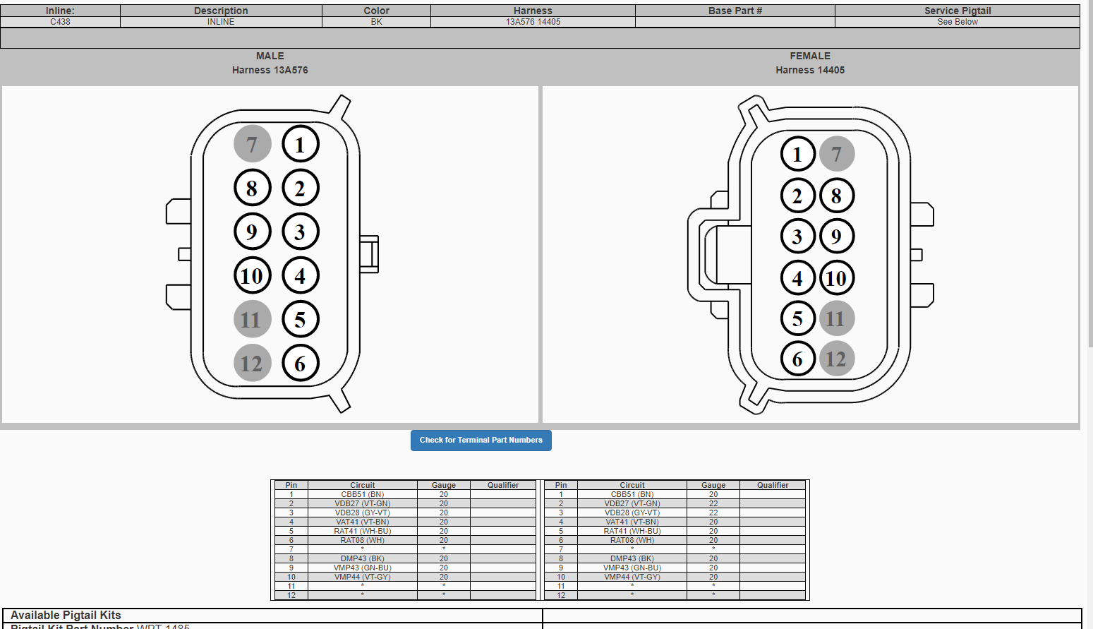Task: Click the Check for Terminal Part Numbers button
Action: tap(481, 440)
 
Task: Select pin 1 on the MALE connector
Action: tap(301, 145)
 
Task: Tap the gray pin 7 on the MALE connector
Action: tap(252, 144)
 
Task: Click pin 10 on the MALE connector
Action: tap(252, 275)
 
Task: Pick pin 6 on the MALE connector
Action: tap(301, 364)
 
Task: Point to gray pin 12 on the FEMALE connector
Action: tap(836, 359)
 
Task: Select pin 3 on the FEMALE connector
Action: tap(797, 236)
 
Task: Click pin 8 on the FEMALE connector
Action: tap(836, 196)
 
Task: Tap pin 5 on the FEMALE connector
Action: tap(797, 318)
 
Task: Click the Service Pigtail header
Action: tap(957, 11)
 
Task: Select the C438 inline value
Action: tap(60, 22)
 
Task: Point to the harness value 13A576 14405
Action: tap(533, 22)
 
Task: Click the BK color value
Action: tap(376, 22)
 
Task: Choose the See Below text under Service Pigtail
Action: tap(957, 22)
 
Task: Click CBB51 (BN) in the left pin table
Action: tap(362, 494)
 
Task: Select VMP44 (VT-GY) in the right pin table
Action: tap(632, 577)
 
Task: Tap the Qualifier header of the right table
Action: tap(773, 485)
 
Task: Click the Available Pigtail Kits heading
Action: tap(66, 615)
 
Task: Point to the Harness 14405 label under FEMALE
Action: tap(809, 70)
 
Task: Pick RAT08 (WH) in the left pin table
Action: tap(362, 540)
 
